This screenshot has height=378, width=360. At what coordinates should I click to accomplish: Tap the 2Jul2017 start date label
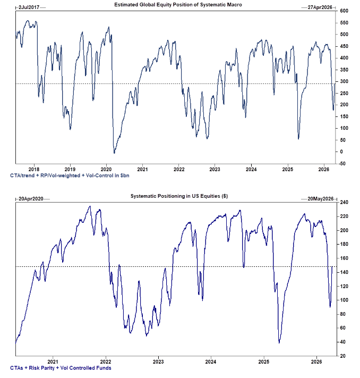pos(28,7)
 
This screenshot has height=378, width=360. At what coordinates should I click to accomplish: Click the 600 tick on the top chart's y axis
pos(344,11)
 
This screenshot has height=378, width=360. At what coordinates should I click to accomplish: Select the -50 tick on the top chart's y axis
pos(344,163)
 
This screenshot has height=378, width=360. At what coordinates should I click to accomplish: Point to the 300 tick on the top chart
pos(344,81)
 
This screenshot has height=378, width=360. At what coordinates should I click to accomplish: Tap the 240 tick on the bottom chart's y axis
pos(344,203)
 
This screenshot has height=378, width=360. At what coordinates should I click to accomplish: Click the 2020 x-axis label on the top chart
pos(106,170)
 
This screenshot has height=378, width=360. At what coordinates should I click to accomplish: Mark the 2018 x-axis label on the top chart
pos(34,170)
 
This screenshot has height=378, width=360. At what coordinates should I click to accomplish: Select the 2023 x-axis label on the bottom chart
pos(158,362)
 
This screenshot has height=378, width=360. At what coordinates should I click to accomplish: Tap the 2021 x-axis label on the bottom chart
pos(53,362)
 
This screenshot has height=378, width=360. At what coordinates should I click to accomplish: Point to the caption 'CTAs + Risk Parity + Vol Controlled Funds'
pos(61,367)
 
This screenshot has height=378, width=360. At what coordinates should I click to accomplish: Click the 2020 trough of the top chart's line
pos(114,153)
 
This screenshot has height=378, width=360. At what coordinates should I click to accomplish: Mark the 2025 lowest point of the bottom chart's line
pos(279,342)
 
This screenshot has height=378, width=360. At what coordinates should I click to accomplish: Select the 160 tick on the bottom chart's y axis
pos(344,258)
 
